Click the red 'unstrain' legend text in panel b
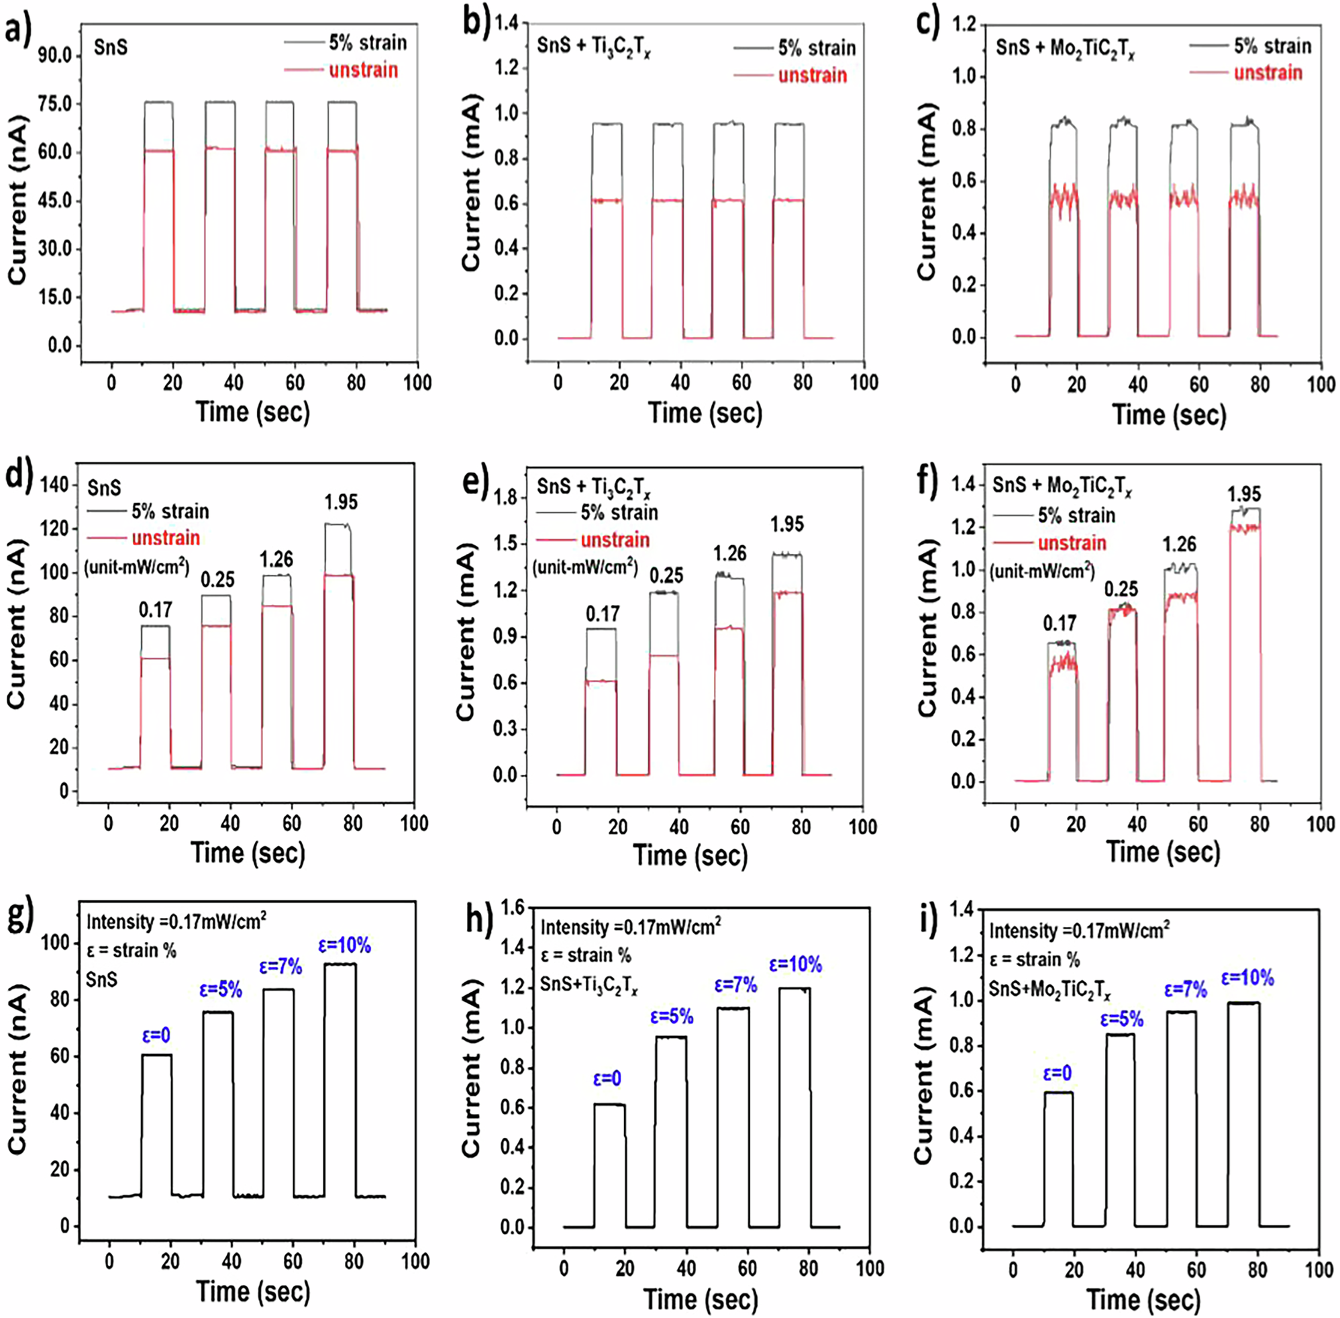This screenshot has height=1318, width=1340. coord(812,75)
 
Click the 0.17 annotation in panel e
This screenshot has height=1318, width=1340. coord(603,613)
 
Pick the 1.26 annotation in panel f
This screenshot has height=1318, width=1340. coord(1180,544)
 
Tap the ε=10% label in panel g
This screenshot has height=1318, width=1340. coord(344,945)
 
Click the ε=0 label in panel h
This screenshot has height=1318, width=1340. coord(607,1078)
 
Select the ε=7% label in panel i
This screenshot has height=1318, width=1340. coord(1186,990)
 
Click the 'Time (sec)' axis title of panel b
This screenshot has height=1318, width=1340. coord(705,412)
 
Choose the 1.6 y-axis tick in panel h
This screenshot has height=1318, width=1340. coord(512,907)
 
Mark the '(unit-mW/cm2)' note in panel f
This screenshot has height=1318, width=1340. coord(1041,571)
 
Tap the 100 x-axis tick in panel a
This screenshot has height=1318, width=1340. coord(417,382)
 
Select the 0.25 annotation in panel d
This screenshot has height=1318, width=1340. coord(218,579)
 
